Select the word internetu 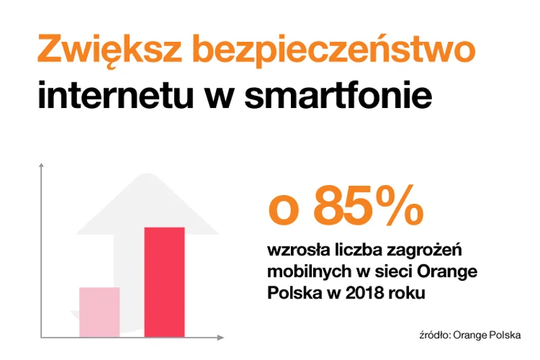point(115,95)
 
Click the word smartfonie point(339,94)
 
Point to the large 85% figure point(368,205)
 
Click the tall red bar point(165,282)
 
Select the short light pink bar point(99,312)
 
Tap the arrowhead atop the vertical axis point(41,165)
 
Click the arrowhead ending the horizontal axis point(221,338)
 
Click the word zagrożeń point(424,251)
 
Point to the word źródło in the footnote point(435,335)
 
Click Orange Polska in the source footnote point(487,335)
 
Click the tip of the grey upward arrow point(147,174)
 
